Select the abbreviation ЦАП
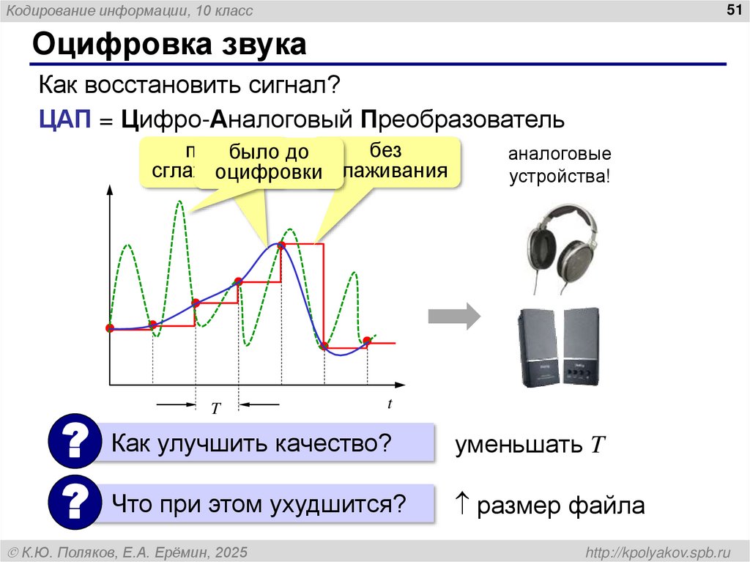pos(64,119)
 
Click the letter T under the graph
pos(216,409)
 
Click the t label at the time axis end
pos(390,404)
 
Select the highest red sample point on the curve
pos(281,245)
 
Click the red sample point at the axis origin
pos(110,328)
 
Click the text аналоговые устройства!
pos(560,166)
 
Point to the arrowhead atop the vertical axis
pos(109,189)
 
